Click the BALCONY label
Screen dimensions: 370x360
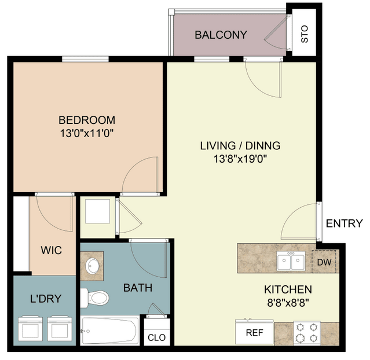tap(221, 35)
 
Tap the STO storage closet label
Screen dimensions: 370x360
tap(305, 34)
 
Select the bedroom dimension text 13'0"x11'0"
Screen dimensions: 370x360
tap(87, 134)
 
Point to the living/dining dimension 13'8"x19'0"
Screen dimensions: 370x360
tap(240, 159)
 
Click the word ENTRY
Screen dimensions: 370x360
tap(345, 223)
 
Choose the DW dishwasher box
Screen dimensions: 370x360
tap(324, 262)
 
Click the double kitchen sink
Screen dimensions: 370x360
tap(291, 260)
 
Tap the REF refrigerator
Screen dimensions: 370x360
tap(254, 332)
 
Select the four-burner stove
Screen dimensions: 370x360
tap(307, 333)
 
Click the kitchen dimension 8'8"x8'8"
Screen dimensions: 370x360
tap(288, 303)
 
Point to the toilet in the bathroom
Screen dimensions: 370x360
tap(95, 297)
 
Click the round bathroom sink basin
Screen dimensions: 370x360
tap(92, 266)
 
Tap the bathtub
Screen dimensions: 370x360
tap(109, 330)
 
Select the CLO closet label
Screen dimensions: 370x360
tap(157, 337)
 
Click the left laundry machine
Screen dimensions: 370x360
tap(31, 328)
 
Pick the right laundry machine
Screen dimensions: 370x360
tap(60, 328)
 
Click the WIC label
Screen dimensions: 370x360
tap(51, 250)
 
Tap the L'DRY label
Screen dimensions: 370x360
tap(46, 299)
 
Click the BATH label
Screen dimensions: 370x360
tap(138, 288)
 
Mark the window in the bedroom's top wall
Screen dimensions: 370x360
tap(85, 59)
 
